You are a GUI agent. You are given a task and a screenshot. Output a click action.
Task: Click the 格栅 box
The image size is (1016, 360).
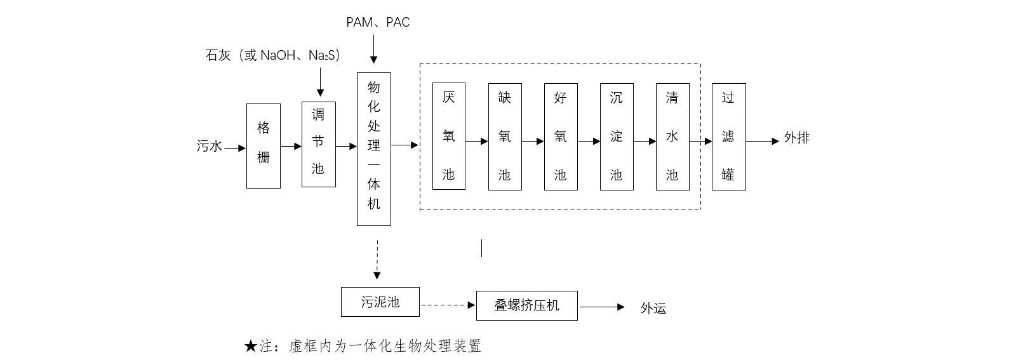pos(263,146)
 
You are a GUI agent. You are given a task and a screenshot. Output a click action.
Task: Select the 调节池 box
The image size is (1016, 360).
pos(318,144)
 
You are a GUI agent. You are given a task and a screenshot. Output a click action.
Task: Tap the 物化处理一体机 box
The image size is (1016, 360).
pos(373,149)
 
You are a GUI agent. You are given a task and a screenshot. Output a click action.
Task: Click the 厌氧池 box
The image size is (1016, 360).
pos(448,136)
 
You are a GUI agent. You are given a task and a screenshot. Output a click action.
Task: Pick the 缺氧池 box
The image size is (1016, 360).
pos(504,137)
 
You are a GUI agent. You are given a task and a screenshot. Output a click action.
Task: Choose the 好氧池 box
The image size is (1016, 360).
pos(560,137)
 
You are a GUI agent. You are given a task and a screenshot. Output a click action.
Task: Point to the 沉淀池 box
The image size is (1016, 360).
pos(616,137)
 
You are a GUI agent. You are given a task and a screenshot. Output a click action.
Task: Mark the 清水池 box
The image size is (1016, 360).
pos(672,137)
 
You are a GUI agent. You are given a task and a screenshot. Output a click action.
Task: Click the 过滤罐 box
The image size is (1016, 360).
pos(728,137)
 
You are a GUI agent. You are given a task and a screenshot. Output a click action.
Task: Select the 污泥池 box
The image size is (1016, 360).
pos(380,302)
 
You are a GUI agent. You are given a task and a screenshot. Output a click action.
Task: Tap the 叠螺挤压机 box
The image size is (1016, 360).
pos(526,306)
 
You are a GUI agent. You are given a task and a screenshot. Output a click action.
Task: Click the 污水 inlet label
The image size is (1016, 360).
pos(209,147)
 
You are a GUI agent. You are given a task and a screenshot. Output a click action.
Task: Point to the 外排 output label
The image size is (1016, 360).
pos(796,138)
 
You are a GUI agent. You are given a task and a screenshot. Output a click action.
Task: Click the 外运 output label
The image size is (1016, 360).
pos(653,309)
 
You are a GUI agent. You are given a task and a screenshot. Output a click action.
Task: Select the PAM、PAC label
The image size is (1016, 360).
pos(378,22)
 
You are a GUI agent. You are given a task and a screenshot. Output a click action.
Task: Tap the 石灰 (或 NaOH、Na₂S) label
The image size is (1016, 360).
pos(273,55)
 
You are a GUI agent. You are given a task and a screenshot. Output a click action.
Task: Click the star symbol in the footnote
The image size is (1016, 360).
pos(250,346)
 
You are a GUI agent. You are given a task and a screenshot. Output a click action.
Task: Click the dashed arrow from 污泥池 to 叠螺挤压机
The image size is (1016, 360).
pos(448,305)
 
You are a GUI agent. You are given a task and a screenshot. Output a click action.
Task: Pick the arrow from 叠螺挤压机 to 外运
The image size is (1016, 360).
pos(602,307)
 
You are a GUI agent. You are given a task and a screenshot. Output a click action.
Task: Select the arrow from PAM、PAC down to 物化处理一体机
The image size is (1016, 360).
pos(373,49)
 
